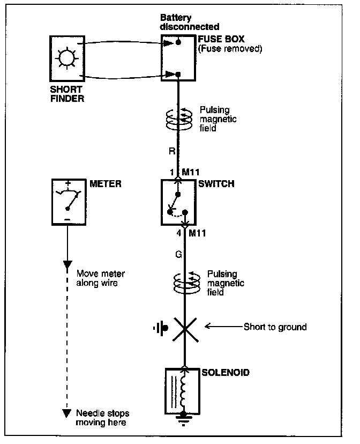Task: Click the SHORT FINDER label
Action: [66, 94]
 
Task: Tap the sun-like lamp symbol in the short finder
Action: [66, 58]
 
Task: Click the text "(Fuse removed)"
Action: [230, 49]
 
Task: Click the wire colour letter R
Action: [172, 151]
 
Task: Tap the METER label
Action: [106, 183]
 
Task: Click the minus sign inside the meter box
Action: [67, 220]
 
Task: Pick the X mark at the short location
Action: [184, 327]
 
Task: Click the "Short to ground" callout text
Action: [275, 327]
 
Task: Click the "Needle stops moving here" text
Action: [103, 418]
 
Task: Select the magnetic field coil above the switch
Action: [178, 121]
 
